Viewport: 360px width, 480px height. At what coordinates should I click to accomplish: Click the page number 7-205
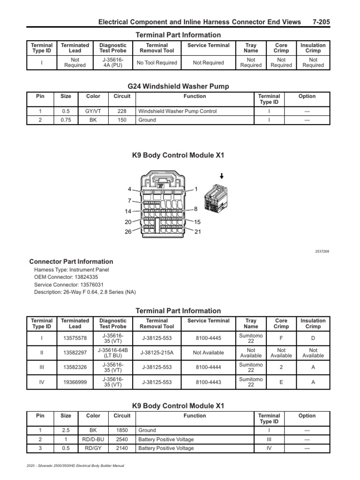tap(322, 22)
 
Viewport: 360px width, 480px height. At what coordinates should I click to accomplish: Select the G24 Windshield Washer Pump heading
tap(178, 86)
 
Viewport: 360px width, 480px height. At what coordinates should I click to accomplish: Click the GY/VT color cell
tap(93, 112)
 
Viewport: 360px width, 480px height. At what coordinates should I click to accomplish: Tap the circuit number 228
tap(122, 112)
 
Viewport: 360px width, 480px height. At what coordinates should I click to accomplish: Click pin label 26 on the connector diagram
tap(128, 232)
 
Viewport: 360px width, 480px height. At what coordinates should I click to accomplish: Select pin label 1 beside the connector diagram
tap(196, 189)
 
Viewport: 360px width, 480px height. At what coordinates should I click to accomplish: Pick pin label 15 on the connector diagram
tap(197, 222)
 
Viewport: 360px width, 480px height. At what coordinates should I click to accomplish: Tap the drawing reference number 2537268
tap(322, 251)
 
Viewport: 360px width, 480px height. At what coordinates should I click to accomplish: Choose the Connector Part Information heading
tap(71, 262)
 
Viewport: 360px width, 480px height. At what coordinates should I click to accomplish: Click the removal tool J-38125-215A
tap(157, 352)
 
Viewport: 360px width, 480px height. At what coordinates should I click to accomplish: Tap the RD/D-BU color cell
tap(93, 440)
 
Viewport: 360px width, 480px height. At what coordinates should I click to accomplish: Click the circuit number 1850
tap(122, 430)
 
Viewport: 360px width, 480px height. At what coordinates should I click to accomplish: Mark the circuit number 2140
tap(122, 449)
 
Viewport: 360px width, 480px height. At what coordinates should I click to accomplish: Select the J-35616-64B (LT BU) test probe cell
tap(113, 352)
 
